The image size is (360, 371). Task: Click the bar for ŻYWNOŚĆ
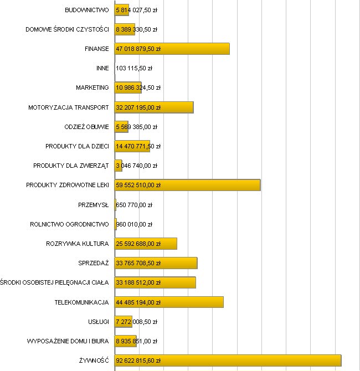point(228,360)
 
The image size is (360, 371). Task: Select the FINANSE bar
point(172,49)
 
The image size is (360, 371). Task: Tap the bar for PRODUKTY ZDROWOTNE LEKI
point(187,185)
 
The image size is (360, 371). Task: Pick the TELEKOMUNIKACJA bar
point(169,302)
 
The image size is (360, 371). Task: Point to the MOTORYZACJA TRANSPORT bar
point(154,107)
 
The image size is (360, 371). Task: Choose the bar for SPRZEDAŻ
point(156,263)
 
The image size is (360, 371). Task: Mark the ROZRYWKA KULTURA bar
point(146,244)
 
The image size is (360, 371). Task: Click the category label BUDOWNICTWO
point(86,10)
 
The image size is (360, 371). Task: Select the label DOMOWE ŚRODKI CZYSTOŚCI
point(67,29)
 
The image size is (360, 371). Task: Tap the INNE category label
point(102,68)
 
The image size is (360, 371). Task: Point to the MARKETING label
point(92,87)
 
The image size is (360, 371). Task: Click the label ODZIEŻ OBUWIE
point(86,127)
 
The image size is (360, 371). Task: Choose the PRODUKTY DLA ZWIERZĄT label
point(71,166)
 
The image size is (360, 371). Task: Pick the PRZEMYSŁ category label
point(94,205)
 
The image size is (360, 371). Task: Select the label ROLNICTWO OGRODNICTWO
point(69,224)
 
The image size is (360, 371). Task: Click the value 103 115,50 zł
point(134,68)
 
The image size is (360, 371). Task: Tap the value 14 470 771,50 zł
point(138,146)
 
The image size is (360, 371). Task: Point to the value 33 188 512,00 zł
point(138,282)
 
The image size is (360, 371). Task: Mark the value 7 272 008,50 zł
point(136,322)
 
